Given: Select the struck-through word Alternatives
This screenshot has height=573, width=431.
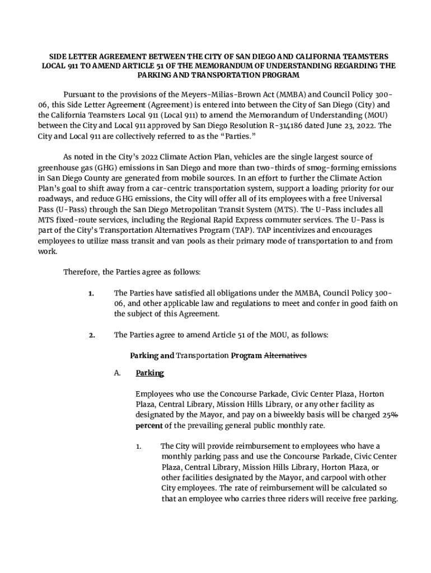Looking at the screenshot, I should click(x=285, y=355).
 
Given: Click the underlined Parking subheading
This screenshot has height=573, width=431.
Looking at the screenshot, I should click(x=149, y=373).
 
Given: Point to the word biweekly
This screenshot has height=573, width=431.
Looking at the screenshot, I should click(x=282, y=415).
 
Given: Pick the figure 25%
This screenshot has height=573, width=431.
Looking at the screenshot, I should click(x=390, y=415).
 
